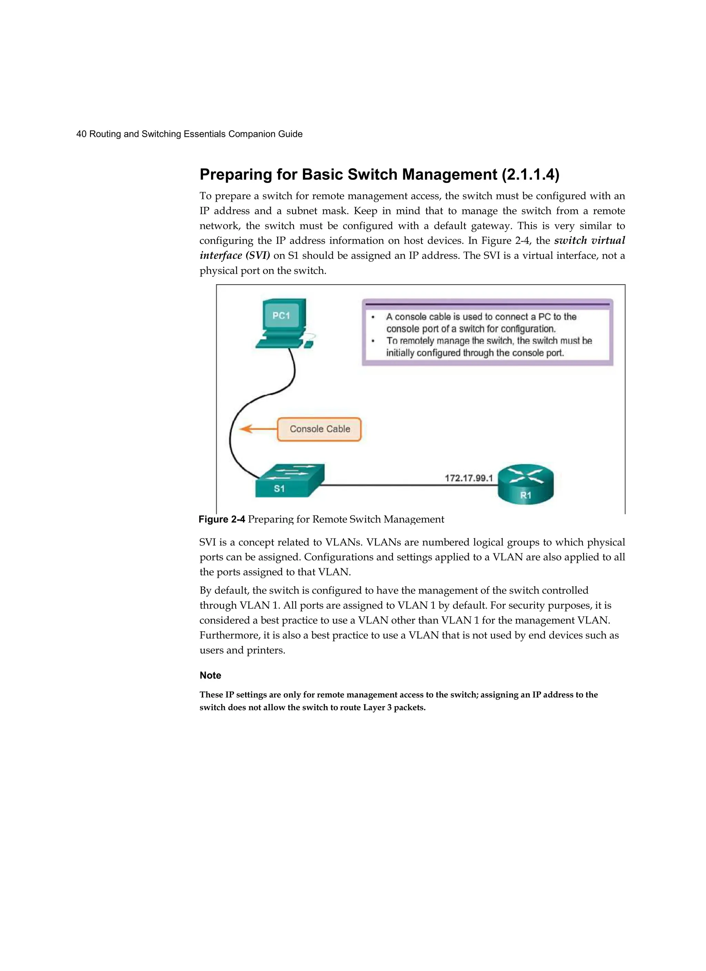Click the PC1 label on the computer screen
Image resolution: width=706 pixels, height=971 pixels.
(281, 316)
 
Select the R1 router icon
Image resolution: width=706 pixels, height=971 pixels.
(526, 485)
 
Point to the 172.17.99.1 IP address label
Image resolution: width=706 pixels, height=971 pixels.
(469, 478)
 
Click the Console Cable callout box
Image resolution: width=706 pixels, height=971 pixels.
(319, 429)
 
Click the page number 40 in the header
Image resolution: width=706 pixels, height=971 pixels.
(81, 134)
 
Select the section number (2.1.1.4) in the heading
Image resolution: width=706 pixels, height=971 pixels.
(530, 175)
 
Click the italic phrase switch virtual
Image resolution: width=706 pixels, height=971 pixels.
(589, 241)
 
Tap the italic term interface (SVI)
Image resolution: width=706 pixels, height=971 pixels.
(235, 256)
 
